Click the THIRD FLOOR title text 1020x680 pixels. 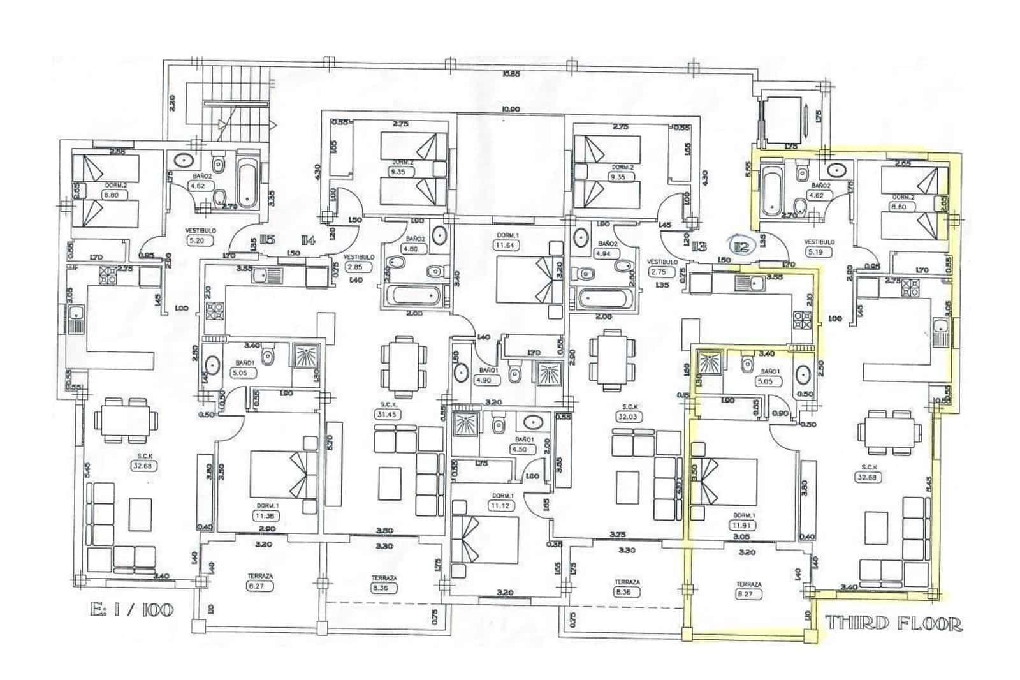[x=894, y=623]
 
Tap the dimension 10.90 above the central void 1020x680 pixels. [x=510, y=109]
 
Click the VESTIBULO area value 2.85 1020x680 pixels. [x=355, y=267]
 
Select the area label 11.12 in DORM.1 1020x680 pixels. [x=502, y=505]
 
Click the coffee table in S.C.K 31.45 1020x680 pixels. [x=390, y=483]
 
